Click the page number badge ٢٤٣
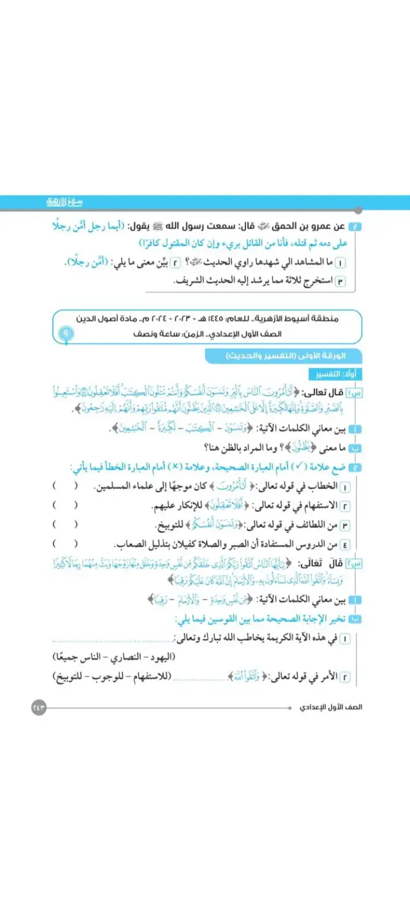tap(38, 708)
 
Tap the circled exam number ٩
tap(66, 333)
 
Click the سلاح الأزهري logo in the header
tap(65, 202)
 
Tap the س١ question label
tap(355, 392)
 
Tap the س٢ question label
tap(356, 564)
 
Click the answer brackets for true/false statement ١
tap(65, 486)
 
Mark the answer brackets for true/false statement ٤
tap(65, 544)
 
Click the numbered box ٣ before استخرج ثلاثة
tap(341, 281)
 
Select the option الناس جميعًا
tap(77, 657)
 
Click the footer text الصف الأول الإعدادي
tap(331, 707)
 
